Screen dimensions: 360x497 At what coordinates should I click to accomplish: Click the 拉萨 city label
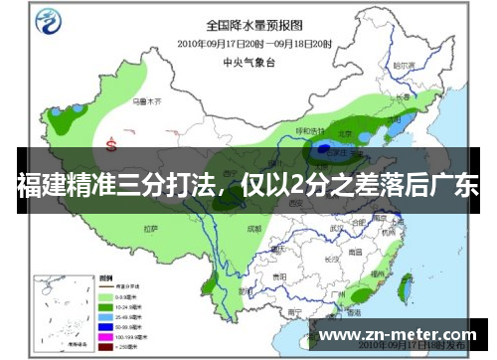click(150, 228)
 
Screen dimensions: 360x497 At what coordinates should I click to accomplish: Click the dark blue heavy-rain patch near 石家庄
click(324, 151)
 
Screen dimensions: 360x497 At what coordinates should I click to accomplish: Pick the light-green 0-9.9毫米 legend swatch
click(103, 296)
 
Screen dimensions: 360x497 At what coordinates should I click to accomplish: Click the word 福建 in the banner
click(40, 186)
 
